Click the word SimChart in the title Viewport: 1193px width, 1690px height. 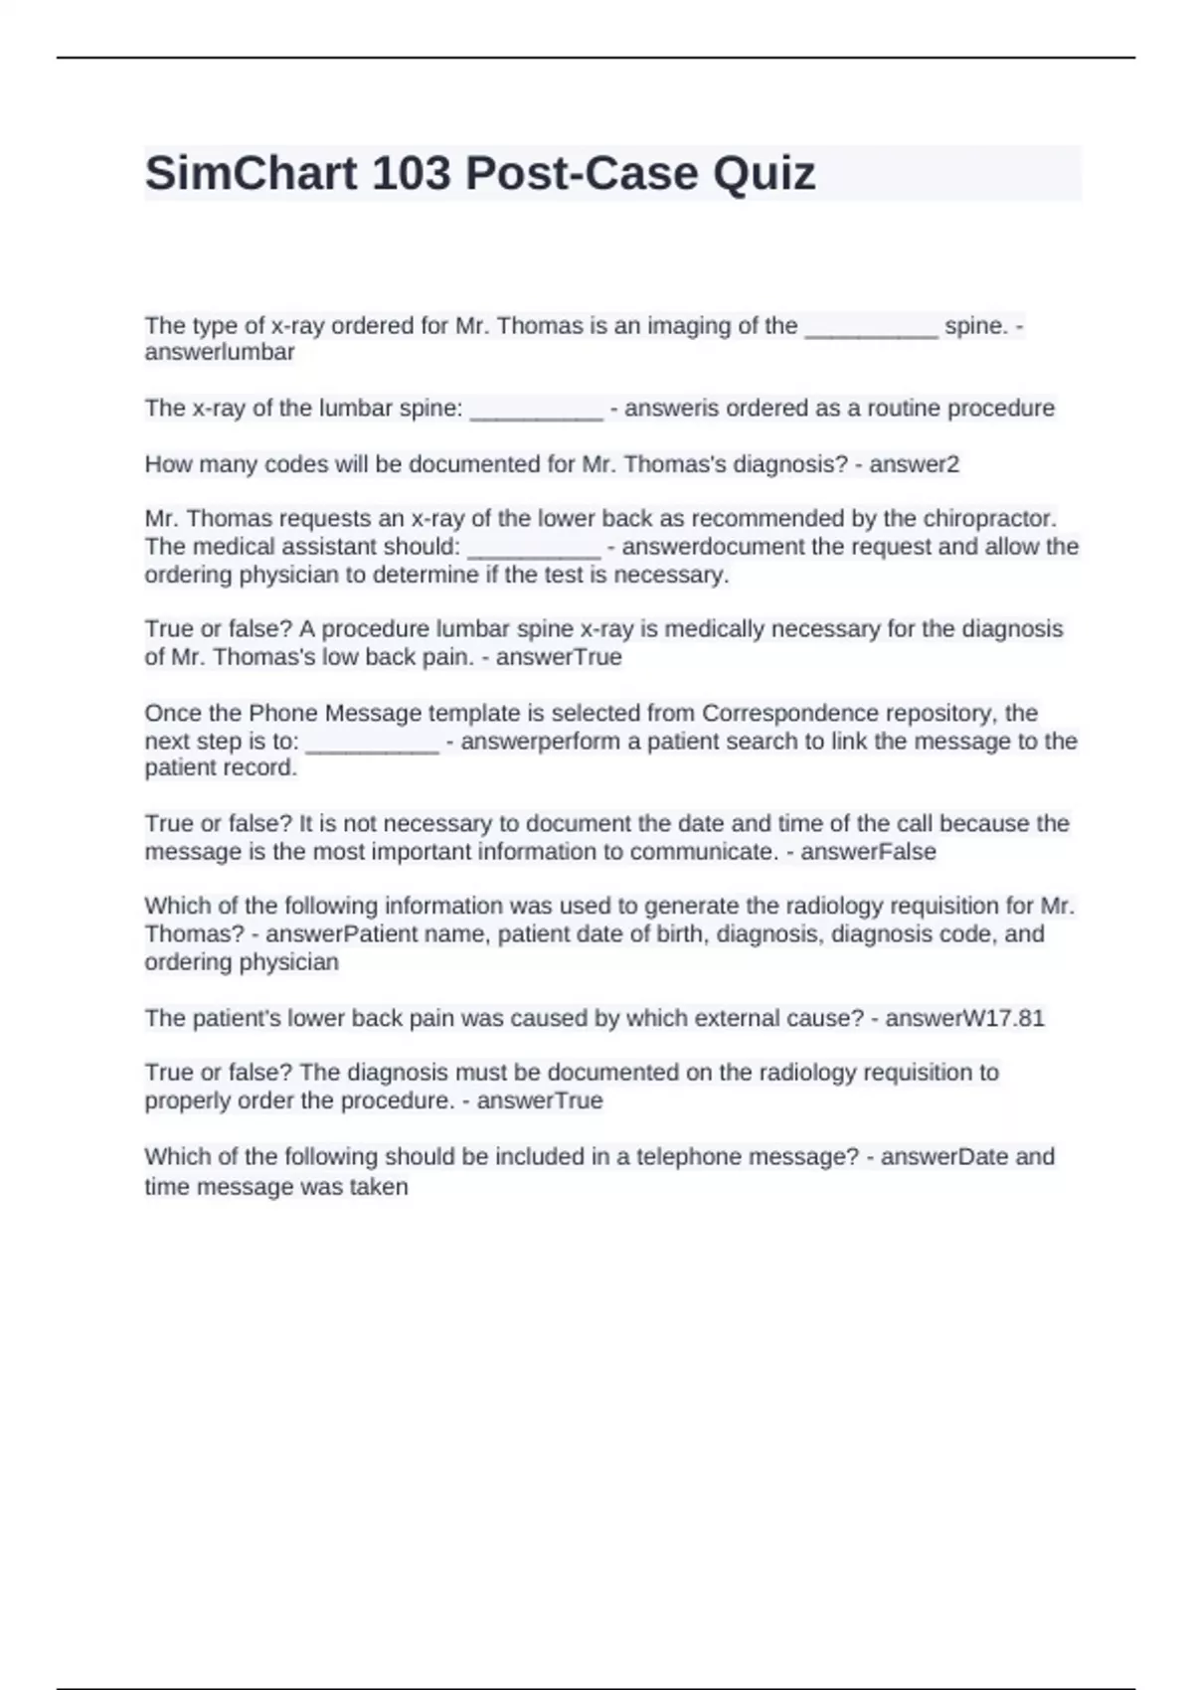point(251,173)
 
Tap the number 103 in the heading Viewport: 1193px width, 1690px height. point(411,173)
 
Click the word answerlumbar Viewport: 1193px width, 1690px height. point(220,352)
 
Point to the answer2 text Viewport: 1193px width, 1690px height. point(914,464)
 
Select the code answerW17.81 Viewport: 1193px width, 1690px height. point(964,1018)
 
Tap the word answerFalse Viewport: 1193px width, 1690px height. point(868,851)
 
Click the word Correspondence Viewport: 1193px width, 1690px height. point(784,713)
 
